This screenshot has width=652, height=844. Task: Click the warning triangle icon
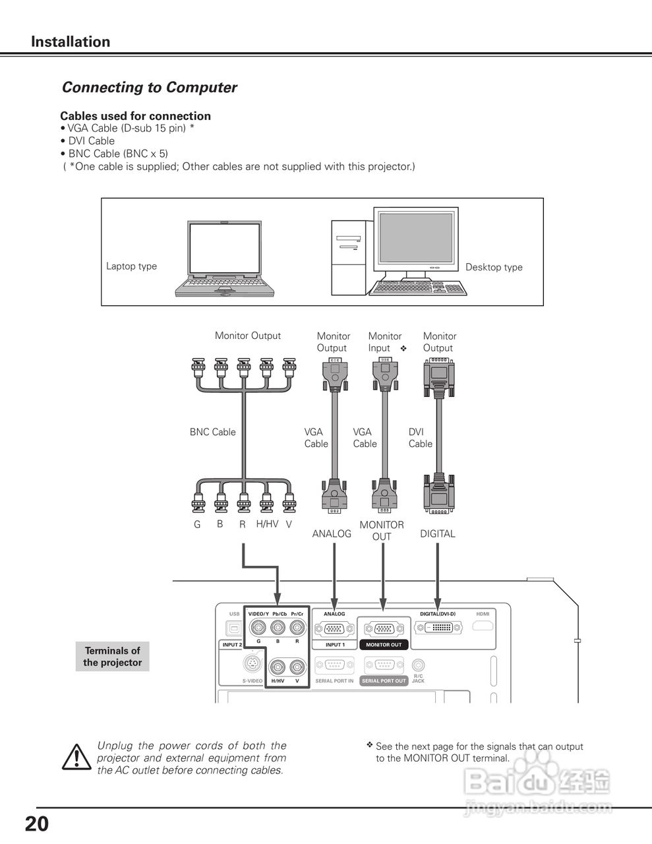(77, 756)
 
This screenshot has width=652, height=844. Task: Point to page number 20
(37, 824)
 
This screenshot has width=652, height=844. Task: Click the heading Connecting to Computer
(149, 87)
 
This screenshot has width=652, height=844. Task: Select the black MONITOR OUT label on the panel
(383, 645)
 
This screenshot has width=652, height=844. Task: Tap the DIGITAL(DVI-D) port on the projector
(438, 628)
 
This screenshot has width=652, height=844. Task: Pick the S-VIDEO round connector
(251, 664)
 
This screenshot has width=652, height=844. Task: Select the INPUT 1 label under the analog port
(334, 645)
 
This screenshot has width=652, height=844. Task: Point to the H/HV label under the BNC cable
(267, 524)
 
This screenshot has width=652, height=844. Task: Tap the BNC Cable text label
(212, 432)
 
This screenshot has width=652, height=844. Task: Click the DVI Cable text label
(420, 438)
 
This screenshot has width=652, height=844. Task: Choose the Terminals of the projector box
(113, 656)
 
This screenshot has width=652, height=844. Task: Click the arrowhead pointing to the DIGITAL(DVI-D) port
(438, 603)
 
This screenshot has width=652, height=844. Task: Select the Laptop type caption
(131, 266)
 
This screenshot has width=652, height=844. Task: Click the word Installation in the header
(71, 42)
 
